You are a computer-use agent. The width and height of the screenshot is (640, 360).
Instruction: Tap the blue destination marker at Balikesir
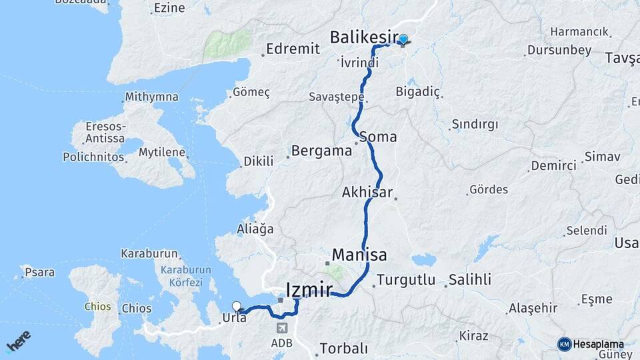click(403, 39)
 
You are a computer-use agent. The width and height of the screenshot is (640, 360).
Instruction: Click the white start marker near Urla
click(236, 307)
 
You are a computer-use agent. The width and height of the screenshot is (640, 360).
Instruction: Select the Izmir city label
click(309, 289)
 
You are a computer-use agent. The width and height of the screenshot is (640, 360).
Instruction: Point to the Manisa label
click(359, 255)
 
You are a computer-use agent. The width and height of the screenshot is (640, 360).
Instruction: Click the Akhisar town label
click(367, 192)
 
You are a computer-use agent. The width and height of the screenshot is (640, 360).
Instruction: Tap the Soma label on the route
click(378, 137)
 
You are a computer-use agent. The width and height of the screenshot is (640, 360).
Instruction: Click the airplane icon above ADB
click(281, 329)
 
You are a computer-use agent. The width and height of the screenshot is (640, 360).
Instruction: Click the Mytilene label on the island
click(161, 152)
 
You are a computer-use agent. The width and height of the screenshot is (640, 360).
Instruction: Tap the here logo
click(19, 341)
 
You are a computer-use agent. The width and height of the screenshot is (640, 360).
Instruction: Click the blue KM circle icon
click(564, 344)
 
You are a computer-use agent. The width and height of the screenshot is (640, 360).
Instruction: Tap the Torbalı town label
click(343, 348)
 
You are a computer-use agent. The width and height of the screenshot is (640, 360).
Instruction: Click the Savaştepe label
click(336, 97)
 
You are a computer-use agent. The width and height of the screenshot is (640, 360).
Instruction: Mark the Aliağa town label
click(255, 229)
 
